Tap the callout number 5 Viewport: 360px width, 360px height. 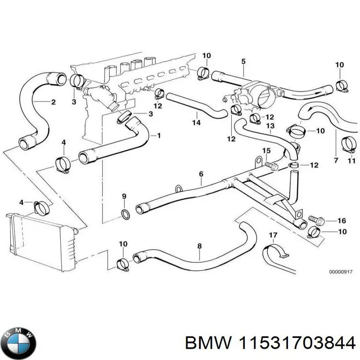point(243,61)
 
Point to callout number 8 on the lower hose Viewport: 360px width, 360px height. point(199,247)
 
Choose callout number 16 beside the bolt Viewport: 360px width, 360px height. point(341,220)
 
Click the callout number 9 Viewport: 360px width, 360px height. point(125,197)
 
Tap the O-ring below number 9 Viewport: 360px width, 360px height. point(126,213)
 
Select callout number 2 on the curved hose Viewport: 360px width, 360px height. point(53,102)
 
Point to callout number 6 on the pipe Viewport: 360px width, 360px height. point(201,174)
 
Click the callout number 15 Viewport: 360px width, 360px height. point(266,151)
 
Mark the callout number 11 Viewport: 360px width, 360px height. point(351,160)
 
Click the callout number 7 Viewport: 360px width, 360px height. point(336,160)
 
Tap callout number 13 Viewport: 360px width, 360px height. point(270,126)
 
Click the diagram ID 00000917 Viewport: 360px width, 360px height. point(341,272)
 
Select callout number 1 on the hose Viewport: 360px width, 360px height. point(158,135)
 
